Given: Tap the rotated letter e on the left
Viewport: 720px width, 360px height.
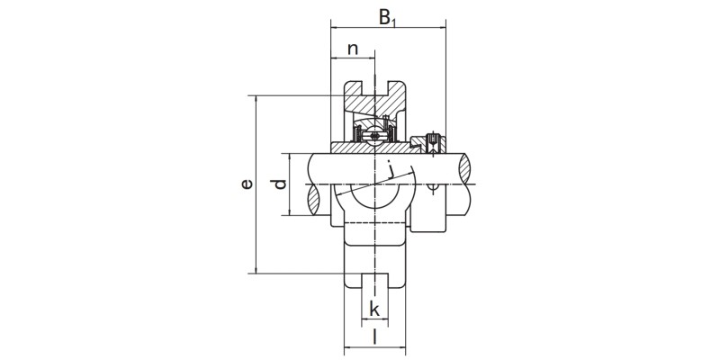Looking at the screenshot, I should pyautogui.click(x=247, y=184).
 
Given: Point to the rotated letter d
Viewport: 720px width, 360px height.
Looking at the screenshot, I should pyautogui.click(x=280, y=184).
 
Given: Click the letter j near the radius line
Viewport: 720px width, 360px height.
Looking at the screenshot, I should pyautogui.click(x=391, y=168).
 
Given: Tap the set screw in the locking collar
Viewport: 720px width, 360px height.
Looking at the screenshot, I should pyautogui.click(x=433, y=141).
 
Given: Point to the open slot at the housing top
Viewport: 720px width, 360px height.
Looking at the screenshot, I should pyautogui.click(x=373, y=90).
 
